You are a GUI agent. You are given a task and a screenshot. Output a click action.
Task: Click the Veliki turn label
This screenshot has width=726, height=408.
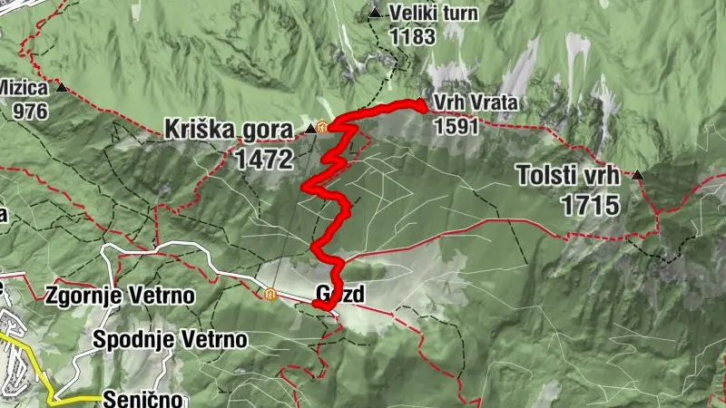[434, 14]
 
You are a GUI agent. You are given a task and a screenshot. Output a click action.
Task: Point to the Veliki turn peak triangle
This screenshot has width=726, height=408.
[375, 13]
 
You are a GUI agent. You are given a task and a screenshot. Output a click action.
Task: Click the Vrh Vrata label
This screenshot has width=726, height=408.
[475, 103]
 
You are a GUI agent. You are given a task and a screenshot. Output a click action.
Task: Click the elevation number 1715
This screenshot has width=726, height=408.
[590, 205]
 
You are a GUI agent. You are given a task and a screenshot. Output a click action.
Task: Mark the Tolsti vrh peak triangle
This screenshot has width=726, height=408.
[638, 175]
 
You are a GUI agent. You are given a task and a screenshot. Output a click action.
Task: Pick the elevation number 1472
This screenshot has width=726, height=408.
[264, 160]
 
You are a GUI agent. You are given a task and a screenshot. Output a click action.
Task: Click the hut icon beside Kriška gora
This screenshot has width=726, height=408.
[322, 128]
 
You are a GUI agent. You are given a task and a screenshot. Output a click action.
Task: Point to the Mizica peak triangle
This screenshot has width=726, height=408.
[62, 88]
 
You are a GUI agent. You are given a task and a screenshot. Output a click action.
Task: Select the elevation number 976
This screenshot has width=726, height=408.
[31, 111]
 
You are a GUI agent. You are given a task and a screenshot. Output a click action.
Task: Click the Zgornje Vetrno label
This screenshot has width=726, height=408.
[119, 296]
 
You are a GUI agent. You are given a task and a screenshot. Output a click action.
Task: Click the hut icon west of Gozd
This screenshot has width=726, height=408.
[270, 293]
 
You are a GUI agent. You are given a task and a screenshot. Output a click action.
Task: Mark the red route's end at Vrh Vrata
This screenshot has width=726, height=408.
[422, 108]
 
